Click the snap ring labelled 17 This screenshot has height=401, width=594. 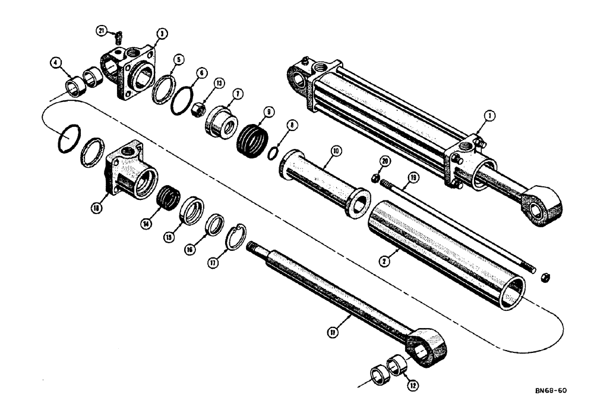click(239, 234)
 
